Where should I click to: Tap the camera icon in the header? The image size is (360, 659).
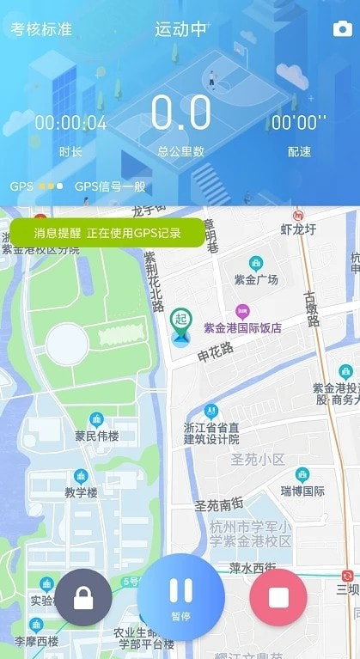tap(342, 29)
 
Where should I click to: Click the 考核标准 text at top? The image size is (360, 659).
tap(41, 29)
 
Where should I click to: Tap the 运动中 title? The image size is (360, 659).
tap(180, 29)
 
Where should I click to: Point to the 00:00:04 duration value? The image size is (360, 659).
tap(70, 123)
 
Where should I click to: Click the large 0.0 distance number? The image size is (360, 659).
tap(180, 114)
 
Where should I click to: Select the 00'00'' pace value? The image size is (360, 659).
tap(298, 123)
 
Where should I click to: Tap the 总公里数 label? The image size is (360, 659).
tap(180, 152)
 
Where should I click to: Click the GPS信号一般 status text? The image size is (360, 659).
tap(111, 186)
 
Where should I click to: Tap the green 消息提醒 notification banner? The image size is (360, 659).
tap(107, 233)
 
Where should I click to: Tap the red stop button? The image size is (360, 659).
tap(278, 597)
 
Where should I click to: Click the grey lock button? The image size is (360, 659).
tap(83, 597)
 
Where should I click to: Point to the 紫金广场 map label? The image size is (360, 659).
tap(256, 279)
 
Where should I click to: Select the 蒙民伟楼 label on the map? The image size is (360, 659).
tap(96, 436)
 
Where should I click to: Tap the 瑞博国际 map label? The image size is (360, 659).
tap(302, 491)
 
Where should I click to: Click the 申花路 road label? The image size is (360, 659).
tap(215, 351)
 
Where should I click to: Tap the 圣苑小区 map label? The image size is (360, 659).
tap(258, 460)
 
